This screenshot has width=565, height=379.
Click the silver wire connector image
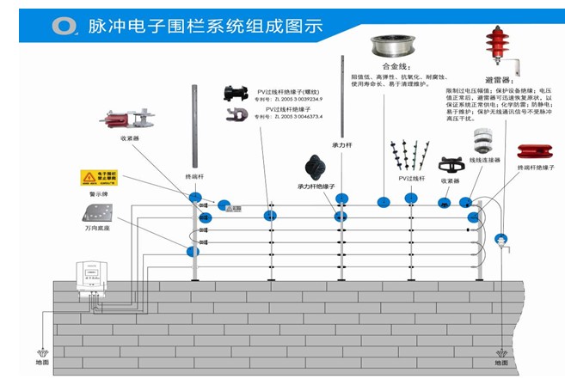488,140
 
